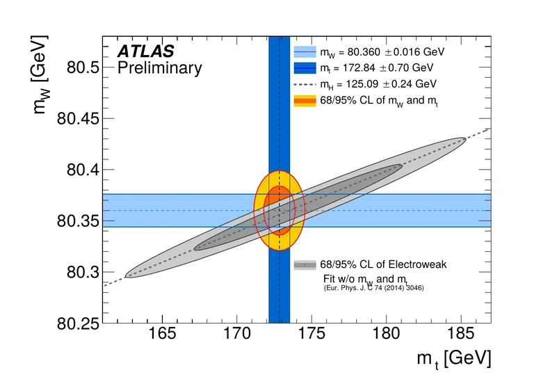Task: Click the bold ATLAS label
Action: tap(145, 51)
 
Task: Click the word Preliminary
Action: tap(159, 68)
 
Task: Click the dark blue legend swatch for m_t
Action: tap(305, 68)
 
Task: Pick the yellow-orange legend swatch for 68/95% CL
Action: tap(305, 101)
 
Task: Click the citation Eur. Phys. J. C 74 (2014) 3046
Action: tap(374, 287)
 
